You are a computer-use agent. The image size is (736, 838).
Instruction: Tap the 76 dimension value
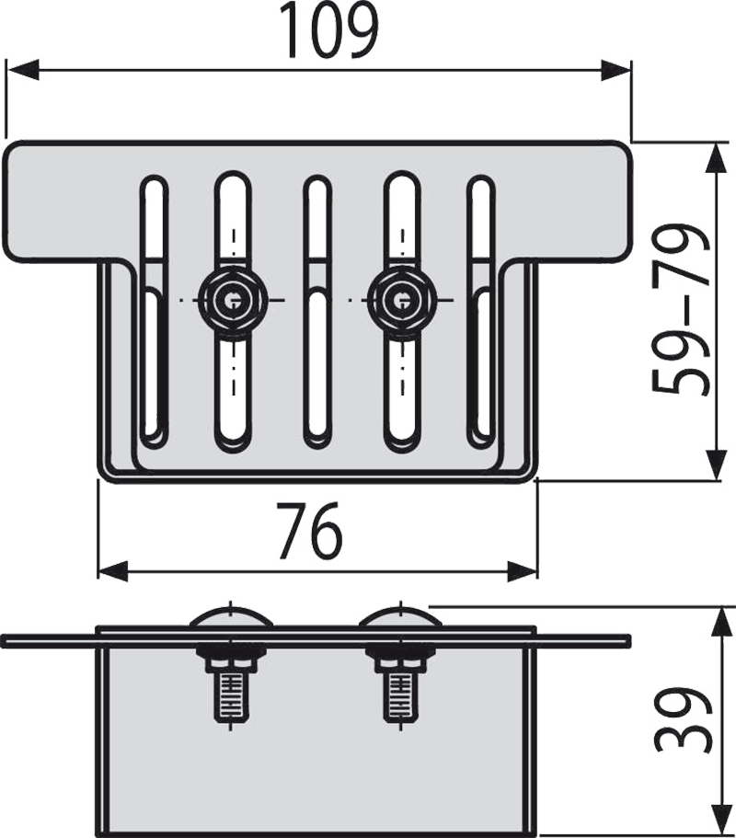click(x=310, y=530)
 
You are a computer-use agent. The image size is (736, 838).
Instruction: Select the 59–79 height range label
click(x=680, y=308)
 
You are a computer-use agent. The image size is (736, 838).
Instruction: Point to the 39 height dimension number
click(x=683, y=720)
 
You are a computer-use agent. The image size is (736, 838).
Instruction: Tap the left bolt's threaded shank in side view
click(x=231, y=695)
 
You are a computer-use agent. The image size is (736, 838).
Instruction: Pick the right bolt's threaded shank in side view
click(x=400, y=695)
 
